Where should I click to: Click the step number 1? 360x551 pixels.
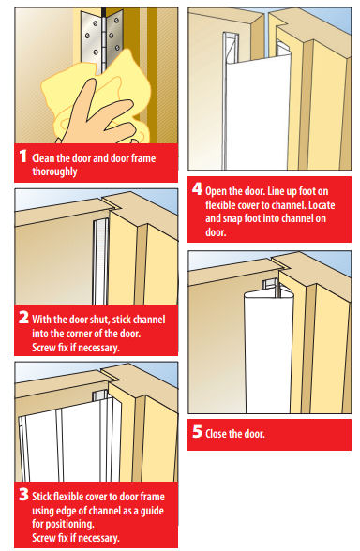[x=22, y=157]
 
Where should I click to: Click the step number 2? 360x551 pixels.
[x=23, y=318]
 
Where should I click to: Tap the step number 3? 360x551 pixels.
[x=23, y=488]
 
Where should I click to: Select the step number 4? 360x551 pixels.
[x=198, y=187]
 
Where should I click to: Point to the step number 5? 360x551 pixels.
[x=198, y=433]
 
